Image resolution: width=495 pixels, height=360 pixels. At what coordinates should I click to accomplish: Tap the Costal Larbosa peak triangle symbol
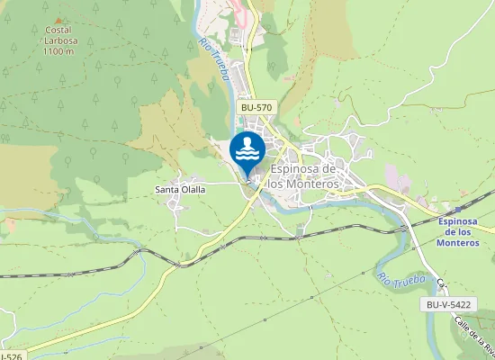pyautogui.click(x=59, y=19)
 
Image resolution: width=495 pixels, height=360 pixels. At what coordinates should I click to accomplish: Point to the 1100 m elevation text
pyautogui.click(x=58, y=51)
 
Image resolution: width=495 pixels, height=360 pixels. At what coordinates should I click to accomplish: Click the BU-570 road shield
pyautogui.click(x=256, y=107)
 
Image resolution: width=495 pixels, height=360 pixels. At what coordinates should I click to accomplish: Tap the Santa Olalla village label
pyautogui.click(x=180, y=190)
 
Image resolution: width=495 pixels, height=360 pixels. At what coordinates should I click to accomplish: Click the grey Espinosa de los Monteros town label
pyautogui.click(x=303, y=176)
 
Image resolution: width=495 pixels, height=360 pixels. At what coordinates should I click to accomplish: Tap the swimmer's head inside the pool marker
pyautogui.click(x=247, y=141)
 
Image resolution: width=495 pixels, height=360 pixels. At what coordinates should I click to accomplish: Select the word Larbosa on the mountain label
pyautogui.click(x=58, y=40)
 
